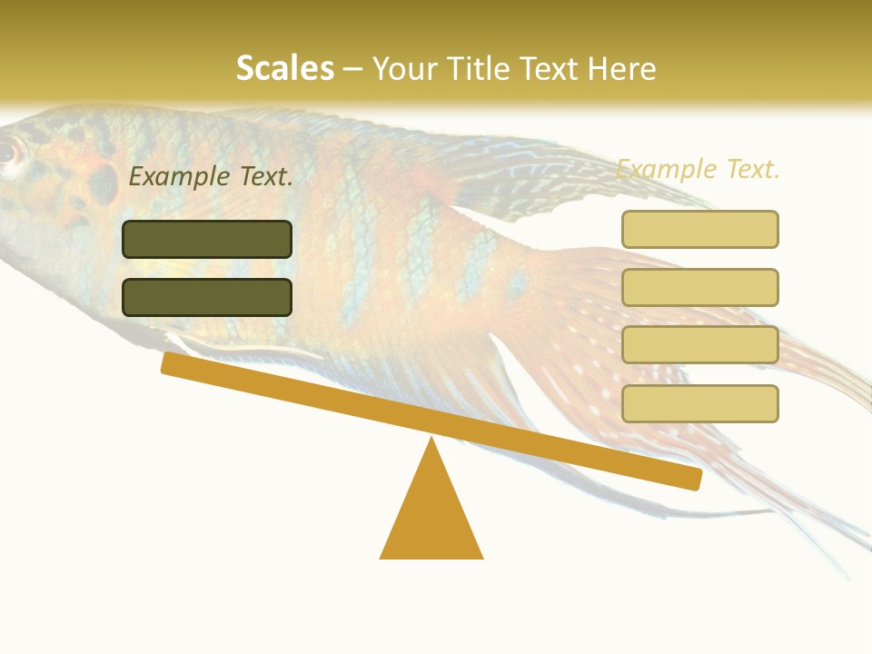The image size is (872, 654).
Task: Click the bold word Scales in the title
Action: tap(284, 68)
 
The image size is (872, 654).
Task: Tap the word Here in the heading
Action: tap(622, 68)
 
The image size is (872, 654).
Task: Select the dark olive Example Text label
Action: tap(211, 177)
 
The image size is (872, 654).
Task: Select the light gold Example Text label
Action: tap(698, 169)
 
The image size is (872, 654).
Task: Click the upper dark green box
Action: tap(207, 239)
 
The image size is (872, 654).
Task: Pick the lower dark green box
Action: tap(207, 297)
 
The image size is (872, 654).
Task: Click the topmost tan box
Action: tap(699, 229)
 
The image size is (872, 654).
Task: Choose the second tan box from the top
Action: tap(699, 287)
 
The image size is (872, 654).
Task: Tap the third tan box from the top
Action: tap(699, 345)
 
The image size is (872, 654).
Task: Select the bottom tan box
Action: tap(699, 403)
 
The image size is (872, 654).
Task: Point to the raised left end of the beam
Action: tap(169, 362)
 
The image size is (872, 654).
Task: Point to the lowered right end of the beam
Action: tap(694, 479)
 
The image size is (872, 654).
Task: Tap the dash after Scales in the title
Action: tap(353, 68)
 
